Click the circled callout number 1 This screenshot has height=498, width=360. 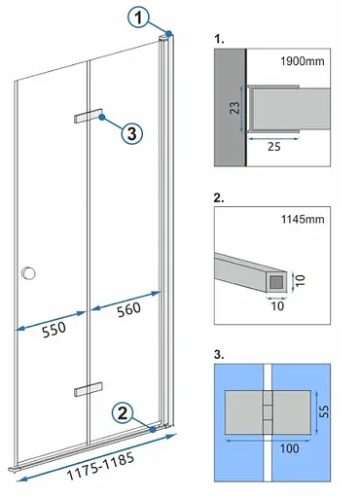click(x=138, y=18)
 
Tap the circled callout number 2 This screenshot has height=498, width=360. click(x=123, y=413)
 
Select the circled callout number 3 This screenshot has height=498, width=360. click(x=132, y=133)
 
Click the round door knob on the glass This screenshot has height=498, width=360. click(x=28, y=273)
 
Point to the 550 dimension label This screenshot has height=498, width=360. click(x=54, y=330)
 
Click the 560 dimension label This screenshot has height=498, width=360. click(x=128, y=310)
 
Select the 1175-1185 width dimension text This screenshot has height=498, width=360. click(x=100, y=466)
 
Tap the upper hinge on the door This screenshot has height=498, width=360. click(x=89, y=116)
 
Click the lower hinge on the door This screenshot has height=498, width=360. click(x=89, y=389)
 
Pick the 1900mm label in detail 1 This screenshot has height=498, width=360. click(x=303, y=61)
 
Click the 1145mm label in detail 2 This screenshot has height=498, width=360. click(x=303, y=219)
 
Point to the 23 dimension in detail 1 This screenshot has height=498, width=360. click(x=234, y=107)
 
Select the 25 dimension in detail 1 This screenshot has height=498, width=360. click(x=274, y=147)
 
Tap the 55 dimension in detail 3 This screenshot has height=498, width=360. click(x=324, y=411)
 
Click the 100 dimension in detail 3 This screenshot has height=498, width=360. click(x=289, y=448)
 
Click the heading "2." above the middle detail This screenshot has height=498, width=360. click(x=219, y=197)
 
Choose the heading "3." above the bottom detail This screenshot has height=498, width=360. click(x=219, y=354)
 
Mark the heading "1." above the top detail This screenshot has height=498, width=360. click(x=219, y=39)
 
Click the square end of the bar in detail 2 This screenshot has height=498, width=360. click(x=276, y=282)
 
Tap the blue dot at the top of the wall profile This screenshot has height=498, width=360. click(x=168, y=33)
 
